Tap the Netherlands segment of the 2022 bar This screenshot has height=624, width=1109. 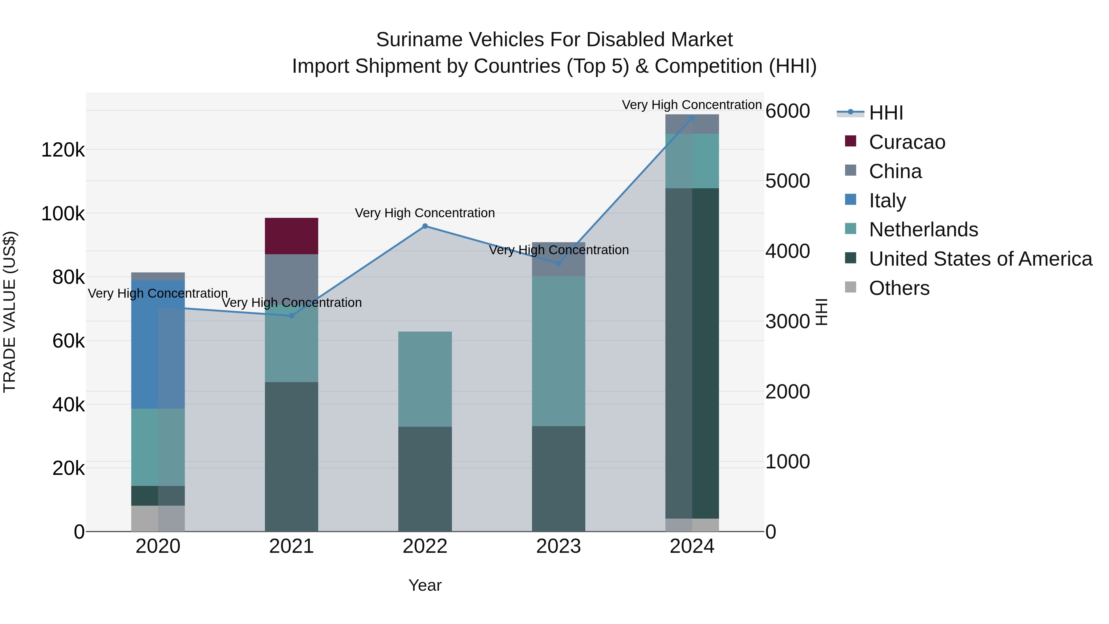point(425,379)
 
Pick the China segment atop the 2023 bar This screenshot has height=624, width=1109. point(559,259)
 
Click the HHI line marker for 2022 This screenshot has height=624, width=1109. point(425,226)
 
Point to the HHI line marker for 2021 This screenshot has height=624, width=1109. point(291,316)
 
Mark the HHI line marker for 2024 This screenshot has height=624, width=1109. point(692,118)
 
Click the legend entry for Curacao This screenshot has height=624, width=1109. point(907,142)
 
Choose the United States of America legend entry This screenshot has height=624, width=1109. point(980,259)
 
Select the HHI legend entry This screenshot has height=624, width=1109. point(886,113)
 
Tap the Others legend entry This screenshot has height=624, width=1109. point(899,288)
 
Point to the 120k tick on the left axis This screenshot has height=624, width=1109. point(63,150)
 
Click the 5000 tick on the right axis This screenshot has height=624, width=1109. point(787,181)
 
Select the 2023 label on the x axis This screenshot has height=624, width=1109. point(559,546)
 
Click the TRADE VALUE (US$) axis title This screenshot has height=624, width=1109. point(10,312)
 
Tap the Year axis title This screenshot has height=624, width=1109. point(425,585)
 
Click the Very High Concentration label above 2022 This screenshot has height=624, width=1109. point(425,213)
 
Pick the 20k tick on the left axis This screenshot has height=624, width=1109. point(68,468)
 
